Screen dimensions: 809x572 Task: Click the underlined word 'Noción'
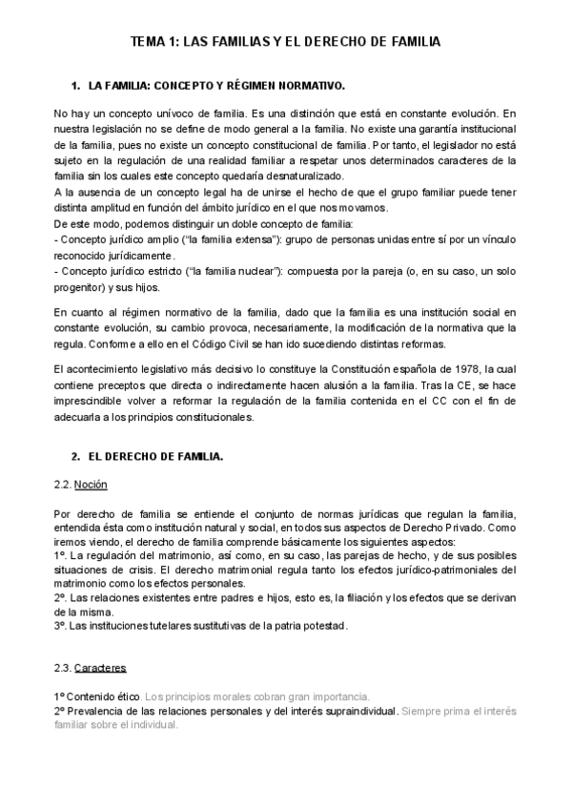(90, 485)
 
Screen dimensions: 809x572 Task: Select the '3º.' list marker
(61, 626)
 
